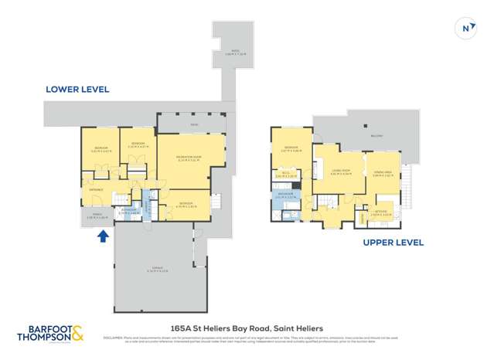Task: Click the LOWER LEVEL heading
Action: [x=77, y=90]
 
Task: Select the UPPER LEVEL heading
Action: [x=393, y=242]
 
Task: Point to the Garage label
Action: [x=155, y=269]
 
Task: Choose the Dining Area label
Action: [x=383, y=171]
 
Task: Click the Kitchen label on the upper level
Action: [x=381, y=210]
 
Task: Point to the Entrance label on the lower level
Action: [x=97, y=188]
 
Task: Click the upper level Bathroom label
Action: [x=286, y=193]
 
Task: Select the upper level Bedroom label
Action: [x=291, y=148]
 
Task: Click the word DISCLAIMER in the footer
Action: [x=114, y=338]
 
